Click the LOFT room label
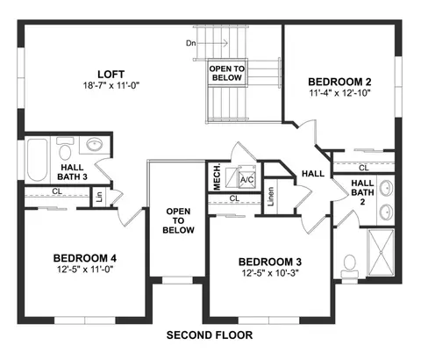click(x=111, y=74)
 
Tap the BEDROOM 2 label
click(x=339, y=82)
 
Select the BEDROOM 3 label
click(x=270, y=262)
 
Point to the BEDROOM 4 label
click(x=85, y=258)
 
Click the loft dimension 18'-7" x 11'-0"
click(x=111, y=85)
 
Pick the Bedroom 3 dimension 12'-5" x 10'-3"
click(x=270, y=273)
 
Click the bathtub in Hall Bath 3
click(x=38, y=160)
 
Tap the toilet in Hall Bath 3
click(x=65, y=148)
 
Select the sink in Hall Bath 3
click(x=94, y=144)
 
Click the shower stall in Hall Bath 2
click(x=381, y=253)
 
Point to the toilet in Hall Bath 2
click(x=350, y=266)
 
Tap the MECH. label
click(x=217, y=177)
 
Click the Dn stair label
click(x=190, y=43)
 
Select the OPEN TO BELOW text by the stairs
click(x=227, y=73)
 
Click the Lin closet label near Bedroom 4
click(x=99, y=198)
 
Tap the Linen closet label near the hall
click(x=271, y=197)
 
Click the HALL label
click(x=313, y=174)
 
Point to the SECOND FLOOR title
click(x=210, y=335)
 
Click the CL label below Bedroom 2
click(x=364, y=168)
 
